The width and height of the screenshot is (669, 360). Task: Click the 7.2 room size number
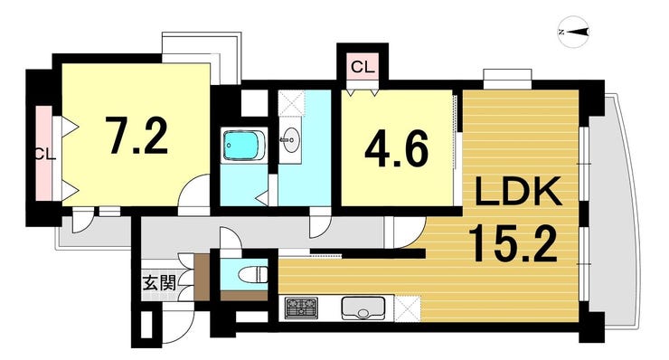tap(137, 136)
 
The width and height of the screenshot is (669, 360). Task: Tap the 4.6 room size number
tap(396, 148)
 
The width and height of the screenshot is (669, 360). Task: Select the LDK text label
tap(518, 192)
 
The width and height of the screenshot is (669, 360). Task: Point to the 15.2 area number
tap(514, 244)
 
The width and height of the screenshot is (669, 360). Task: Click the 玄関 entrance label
tap(159, 283)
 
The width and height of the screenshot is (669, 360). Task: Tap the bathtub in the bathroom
tap(240, 146)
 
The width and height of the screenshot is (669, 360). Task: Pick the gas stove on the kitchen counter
tap(302, 308)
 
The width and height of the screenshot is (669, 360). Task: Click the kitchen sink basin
tap(363, 308)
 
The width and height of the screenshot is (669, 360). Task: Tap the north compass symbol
tap(574, 32)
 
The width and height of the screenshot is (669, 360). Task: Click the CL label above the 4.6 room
tap(363, 67)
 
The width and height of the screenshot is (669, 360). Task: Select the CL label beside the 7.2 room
tap(45, 154)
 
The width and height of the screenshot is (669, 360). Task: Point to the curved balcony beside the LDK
tap(615, 210)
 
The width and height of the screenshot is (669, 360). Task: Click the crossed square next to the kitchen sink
tap(408, 308)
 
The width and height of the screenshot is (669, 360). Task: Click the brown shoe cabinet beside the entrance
tap(202, 277)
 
